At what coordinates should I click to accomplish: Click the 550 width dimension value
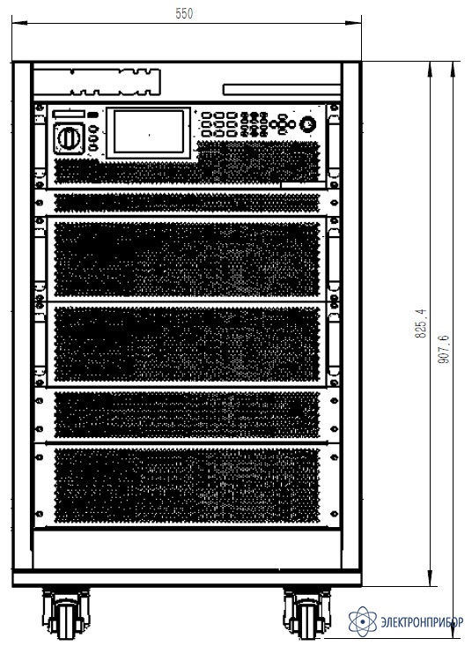184,13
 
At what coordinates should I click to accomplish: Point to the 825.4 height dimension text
421,323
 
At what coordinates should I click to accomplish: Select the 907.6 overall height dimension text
444,349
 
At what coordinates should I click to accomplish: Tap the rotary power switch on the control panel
69,137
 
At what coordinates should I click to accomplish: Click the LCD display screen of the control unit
149,132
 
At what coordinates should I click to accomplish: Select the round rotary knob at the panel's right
308,123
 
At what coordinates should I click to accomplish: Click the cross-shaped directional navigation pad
283,123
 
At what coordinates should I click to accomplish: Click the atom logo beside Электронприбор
363,620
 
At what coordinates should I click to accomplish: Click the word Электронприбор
422,621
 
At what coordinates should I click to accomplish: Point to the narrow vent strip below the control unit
188,203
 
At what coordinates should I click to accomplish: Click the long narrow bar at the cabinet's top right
282,90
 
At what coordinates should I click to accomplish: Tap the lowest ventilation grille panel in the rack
188,486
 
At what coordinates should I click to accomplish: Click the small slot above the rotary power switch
70,114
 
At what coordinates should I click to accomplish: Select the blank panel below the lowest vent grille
188,548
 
